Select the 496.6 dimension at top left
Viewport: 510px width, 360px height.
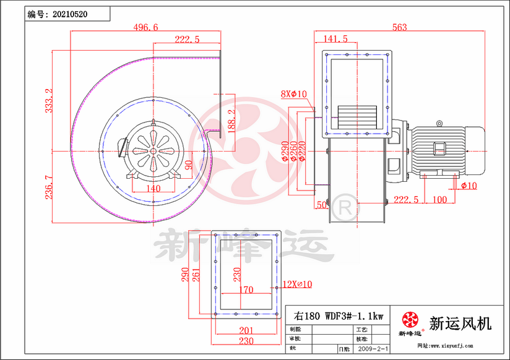[x=146, y=27]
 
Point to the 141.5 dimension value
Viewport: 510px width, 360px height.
[x=336, y=39]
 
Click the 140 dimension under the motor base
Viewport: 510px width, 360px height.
[x=153, y=189]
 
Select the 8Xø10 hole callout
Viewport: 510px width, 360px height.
[x=294, y=94]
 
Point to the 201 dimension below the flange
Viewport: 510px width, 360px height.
[x=246, y=330]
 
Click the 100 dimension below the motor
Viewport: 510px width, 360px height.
[x=439, y=199]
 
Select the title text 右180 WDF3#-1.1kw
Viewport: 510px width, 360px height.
[x=339, y=315]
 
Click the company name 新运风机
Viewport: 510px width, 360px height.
[x=460, y=323]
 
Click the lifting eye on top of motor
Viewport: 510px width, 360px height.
[x=440, y=123]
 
